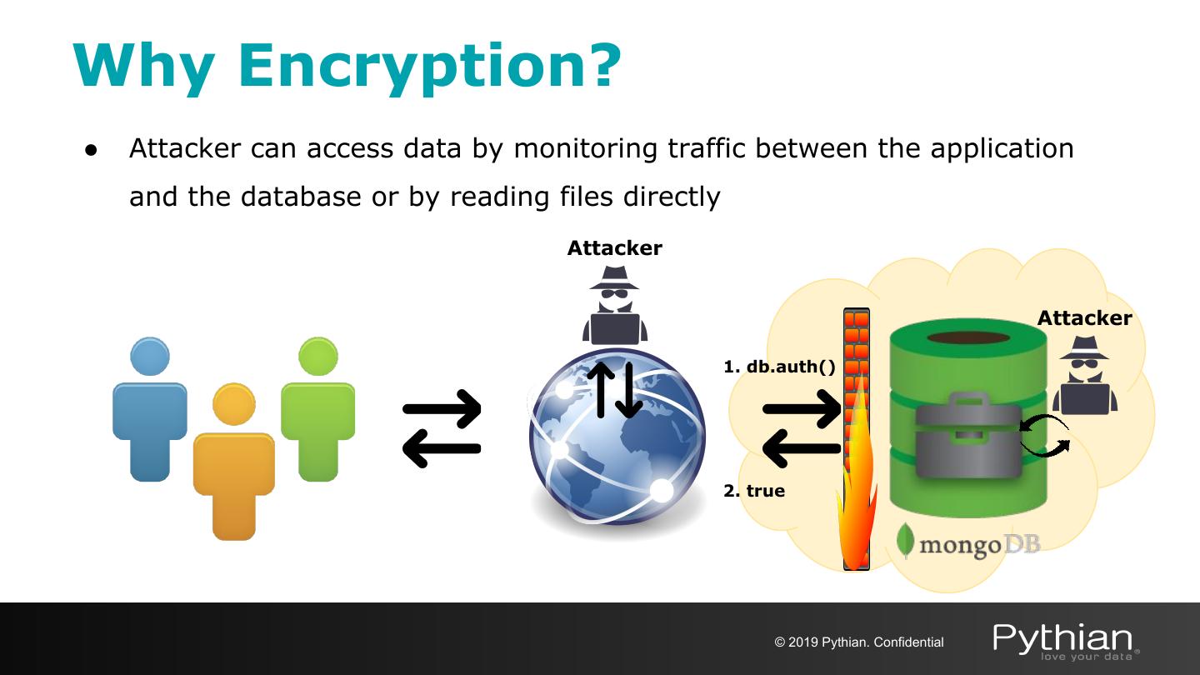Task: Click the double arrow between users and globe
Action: pyautogui.click(x=442, y=428)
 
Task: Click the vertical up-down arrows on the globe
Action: pyautogui.click(x=615, y=389)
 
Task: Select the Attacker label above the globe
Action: pyautogui.click(x=614, y=248)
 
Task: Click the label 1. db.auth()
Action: pyautogui.click(x=779, y=367)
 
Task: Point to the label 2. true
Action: pyautogui.click(x=754, y=491)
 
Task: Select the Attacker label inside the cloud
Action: pyautogui.click(x=1084, y=318)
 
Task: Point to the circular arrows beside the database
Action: pyautogui.click(x=1045, y=437)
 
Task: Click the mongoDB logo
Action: pyautogui.click(x=969, y=543)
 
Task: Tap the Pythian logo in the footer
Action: pyautogui.click(x=1065, y=640)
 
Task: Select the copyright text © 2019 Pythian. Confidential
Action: pyautogui.click(x=859, y=642)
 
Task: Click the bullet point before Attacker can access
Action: pyautogui.click(x=91, y=151)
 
